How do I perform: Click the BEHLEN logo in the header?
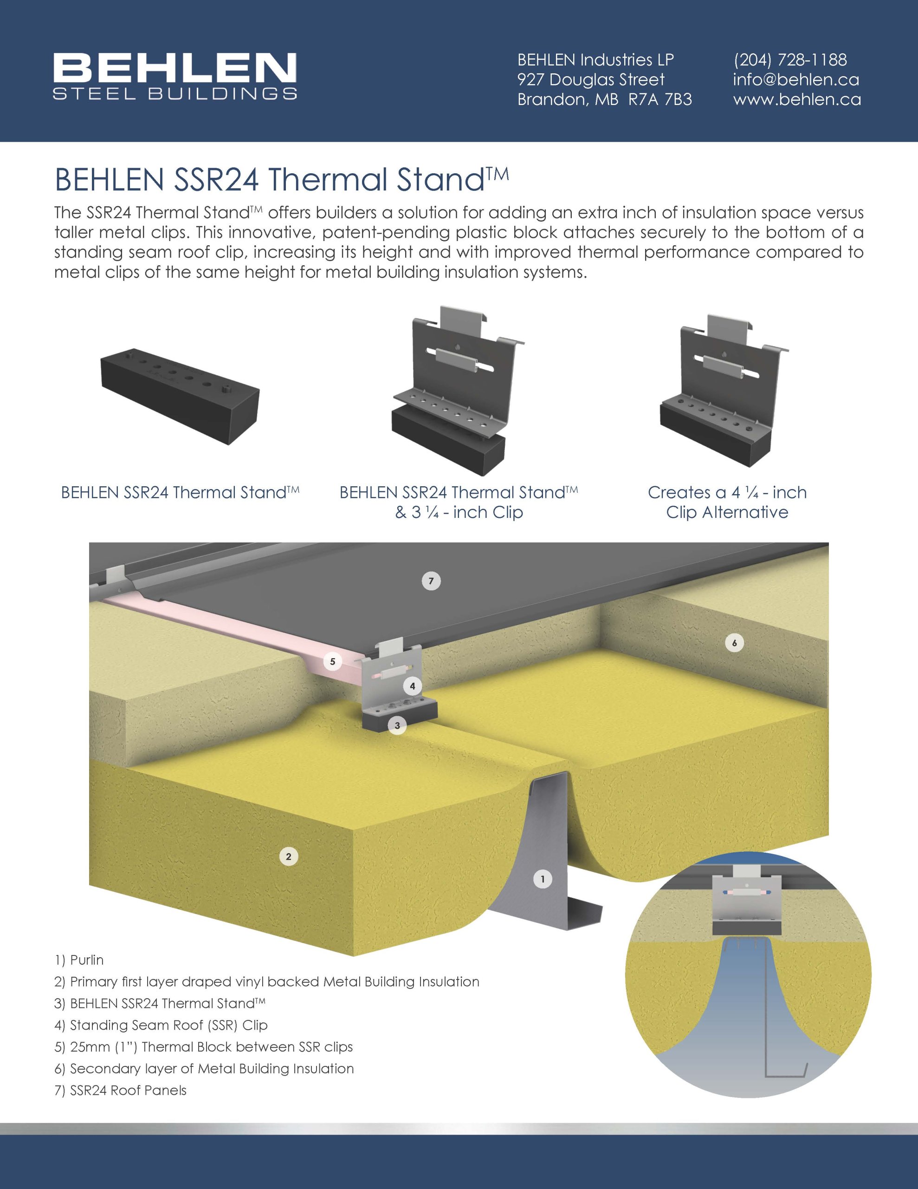click(175, 76)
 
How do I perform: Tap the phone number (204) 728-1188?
click(789, 59)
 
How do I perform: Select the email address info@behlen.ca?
click(795, 79)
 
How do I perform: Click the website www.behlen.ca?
click(797, 100)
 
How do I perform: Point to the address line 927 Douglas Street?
click(590, 79)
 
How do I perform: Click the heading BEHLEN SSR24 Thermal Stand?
click(281, 179)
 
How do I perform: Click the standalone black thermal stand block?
click(180, 396)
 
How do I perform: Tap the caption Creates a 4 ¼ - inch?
click(727, 492)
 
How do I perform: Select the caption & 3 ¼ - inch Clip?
click(459, 512)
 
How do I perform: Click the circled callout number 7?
click(431, 581)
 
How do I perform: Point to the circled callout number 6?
click(734, 643)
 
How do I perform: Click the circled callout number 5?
click(332, 662)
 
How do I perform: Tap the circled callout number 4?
click(412, 686)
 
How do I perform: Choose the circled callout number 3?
click(397, 725)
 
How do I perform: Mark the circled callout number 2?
click(288, 856)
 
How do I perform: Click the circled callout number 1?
click(542, 879)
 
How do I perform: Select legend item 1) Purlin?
click(79, 960)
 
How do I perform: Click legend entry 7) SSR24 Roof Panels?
click(120, 1091)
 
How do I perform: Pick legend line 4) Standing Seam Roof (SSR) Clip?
click(161, 1025)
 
